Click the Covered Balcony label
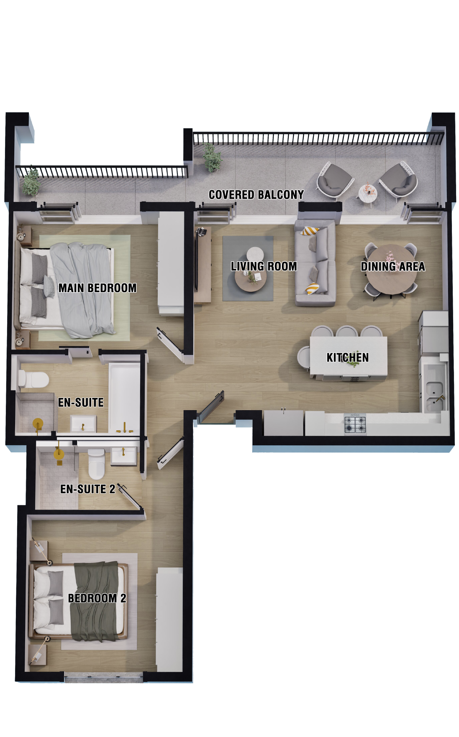[x=256, y=195]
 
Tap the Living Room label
[x=264, y=266]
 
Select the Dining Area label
[x=393, y=267]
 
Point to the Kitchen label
[x=348, y=358]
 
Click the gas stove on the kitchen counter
[x=355, y=424]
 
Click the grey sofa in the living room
[x=315, y=263]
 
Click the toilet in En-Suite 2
[x=97, y=464]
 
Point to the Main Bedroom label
[x=97, y=288]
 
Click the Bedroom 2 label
[x=97, y=598]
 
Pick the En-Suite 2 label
[x=88, y=489]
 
